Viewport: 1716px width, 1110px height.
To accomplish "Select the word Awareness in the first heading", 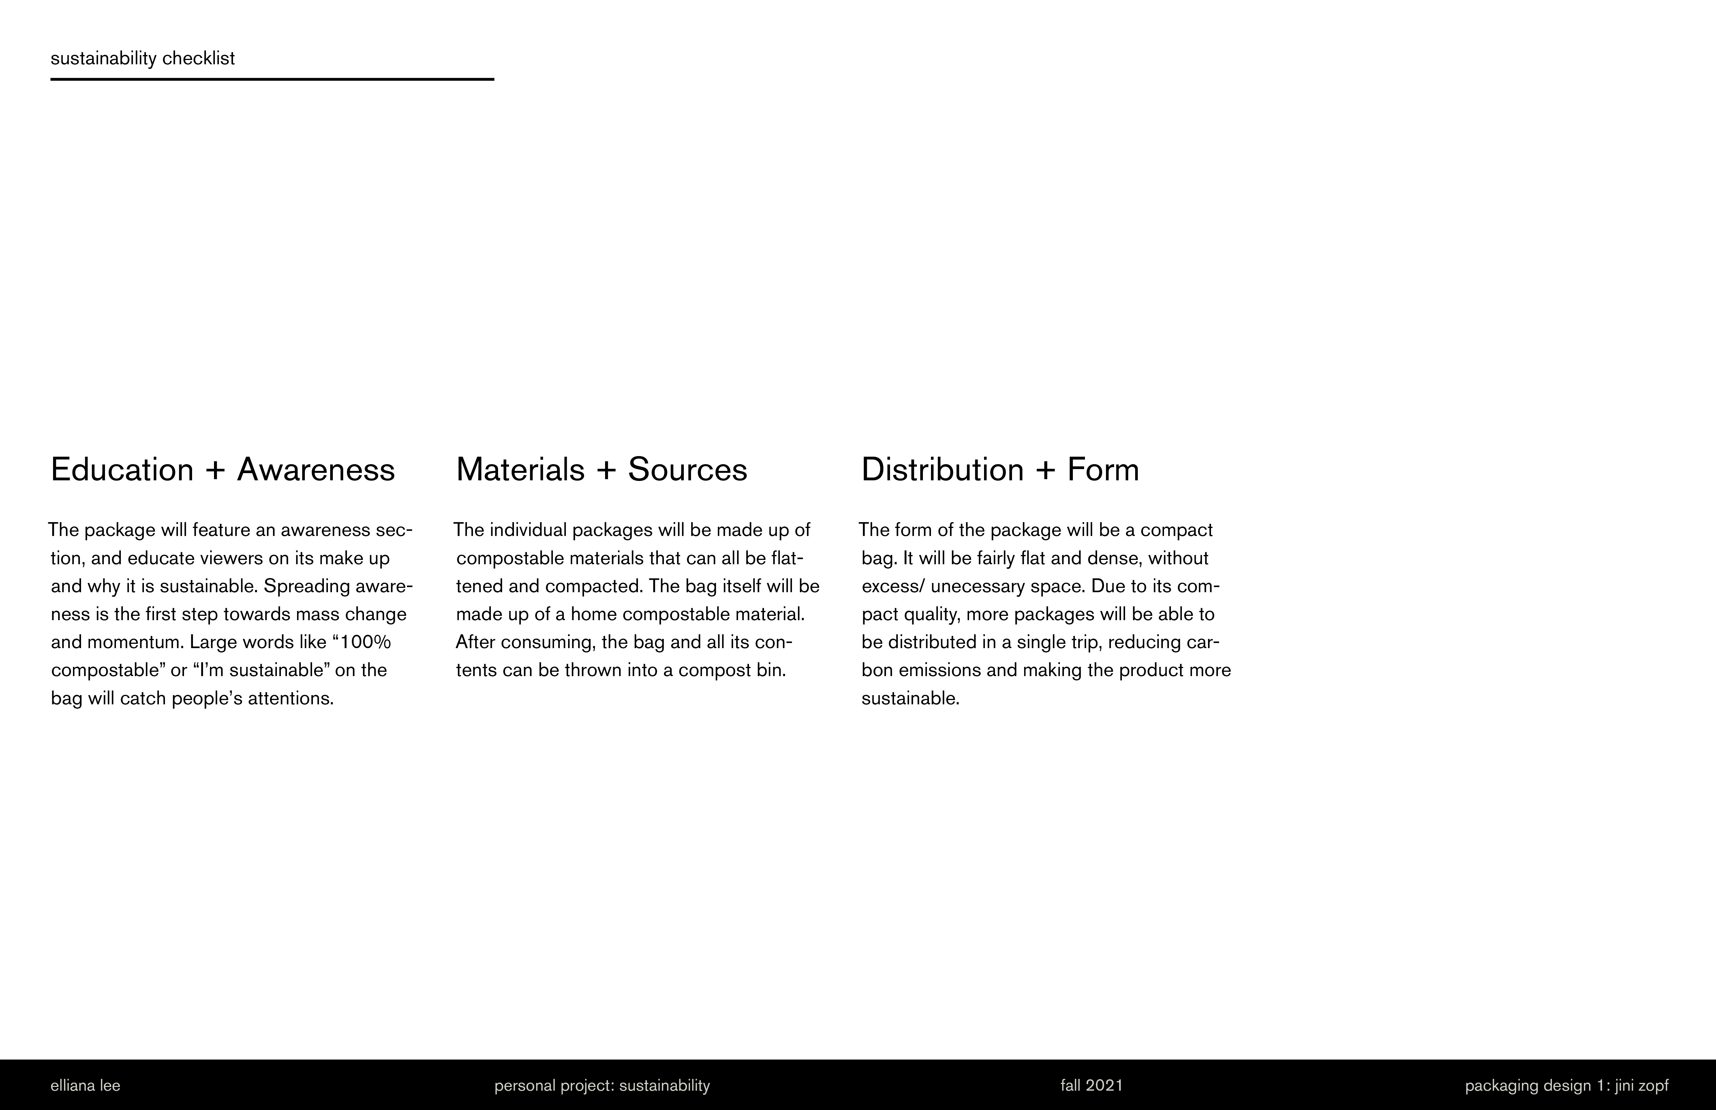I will [316, 470].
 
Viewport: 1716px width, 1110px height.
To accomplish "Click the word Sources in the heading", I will [687, 470].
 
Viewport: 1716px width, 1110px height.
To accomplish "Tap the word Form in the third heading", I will [1103, 470].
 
